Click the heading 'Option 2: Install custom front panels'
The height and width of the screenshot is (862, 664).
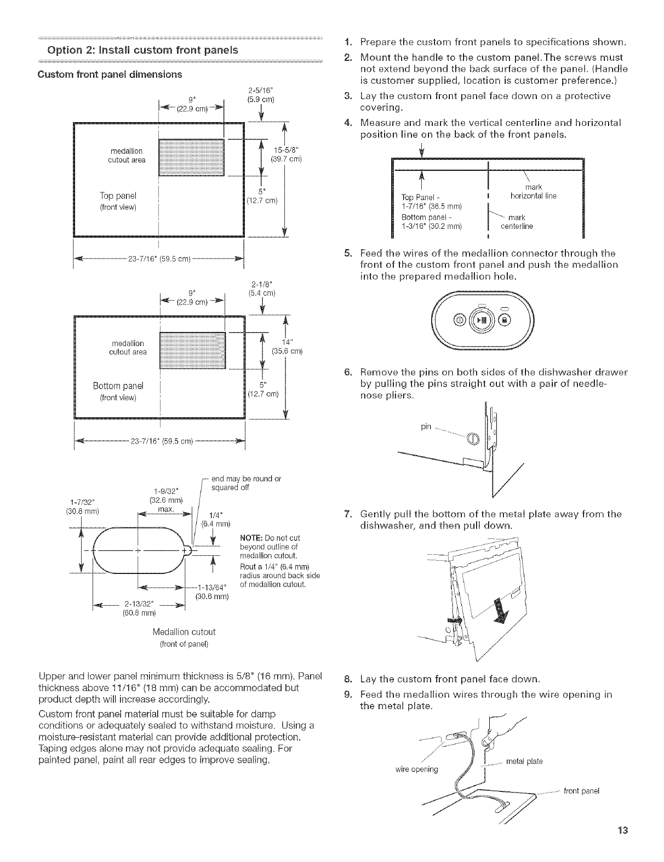(128, 51)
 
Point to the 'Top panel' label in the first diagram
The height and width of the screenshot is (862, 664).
(118, 196)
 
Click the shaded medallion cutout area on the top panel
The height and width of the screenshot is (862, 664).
(191, 157)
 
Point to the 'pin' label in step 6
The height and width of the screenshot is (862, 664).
(427, 427)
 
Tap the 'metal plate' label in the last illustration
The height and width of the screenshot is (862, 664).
(524, 762)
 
